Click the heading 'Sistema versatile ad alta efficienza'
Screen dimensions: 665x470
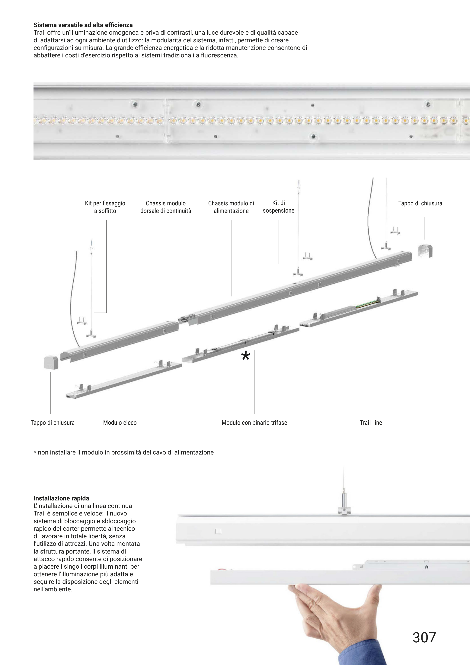pos(83,25)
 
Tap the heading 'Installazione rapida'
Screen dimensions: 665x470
pos(61,498)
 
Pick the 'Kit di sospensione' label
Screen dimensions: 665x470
pos(279,207)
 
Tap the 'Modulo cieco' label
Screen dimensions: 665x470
pos(120,422)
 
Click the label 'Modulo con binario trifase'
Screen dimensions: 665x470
pos(254,422)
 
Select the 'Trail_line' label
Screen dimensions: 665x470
pos(371,422)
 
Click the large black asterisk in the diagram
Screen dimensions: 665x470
pos(245,356)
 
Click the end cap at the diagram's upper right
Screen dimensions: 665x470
pos(425,251)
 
